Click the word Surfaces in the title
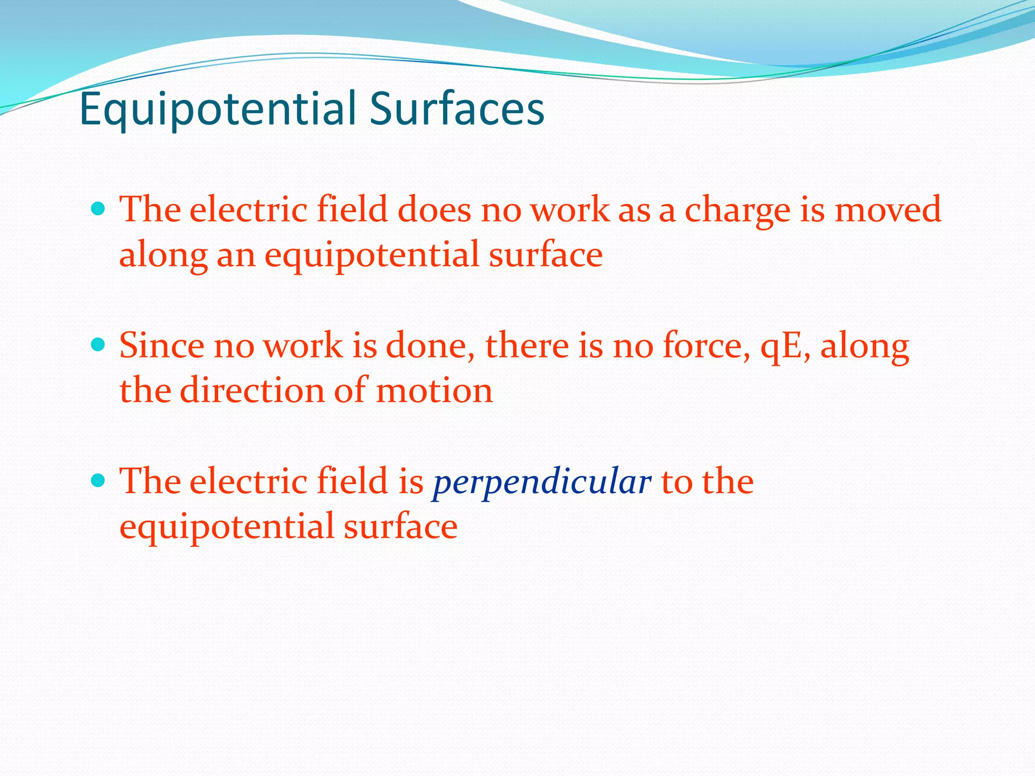point(457,109)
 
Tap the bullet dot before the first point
point(99,208)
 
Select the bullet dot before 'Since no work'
point(99,345)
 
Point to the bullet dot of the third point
point(99,479)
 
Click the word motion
point(434,391)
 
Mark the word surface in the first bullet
point(545,254)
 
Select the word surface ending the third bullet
point(400,526)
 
